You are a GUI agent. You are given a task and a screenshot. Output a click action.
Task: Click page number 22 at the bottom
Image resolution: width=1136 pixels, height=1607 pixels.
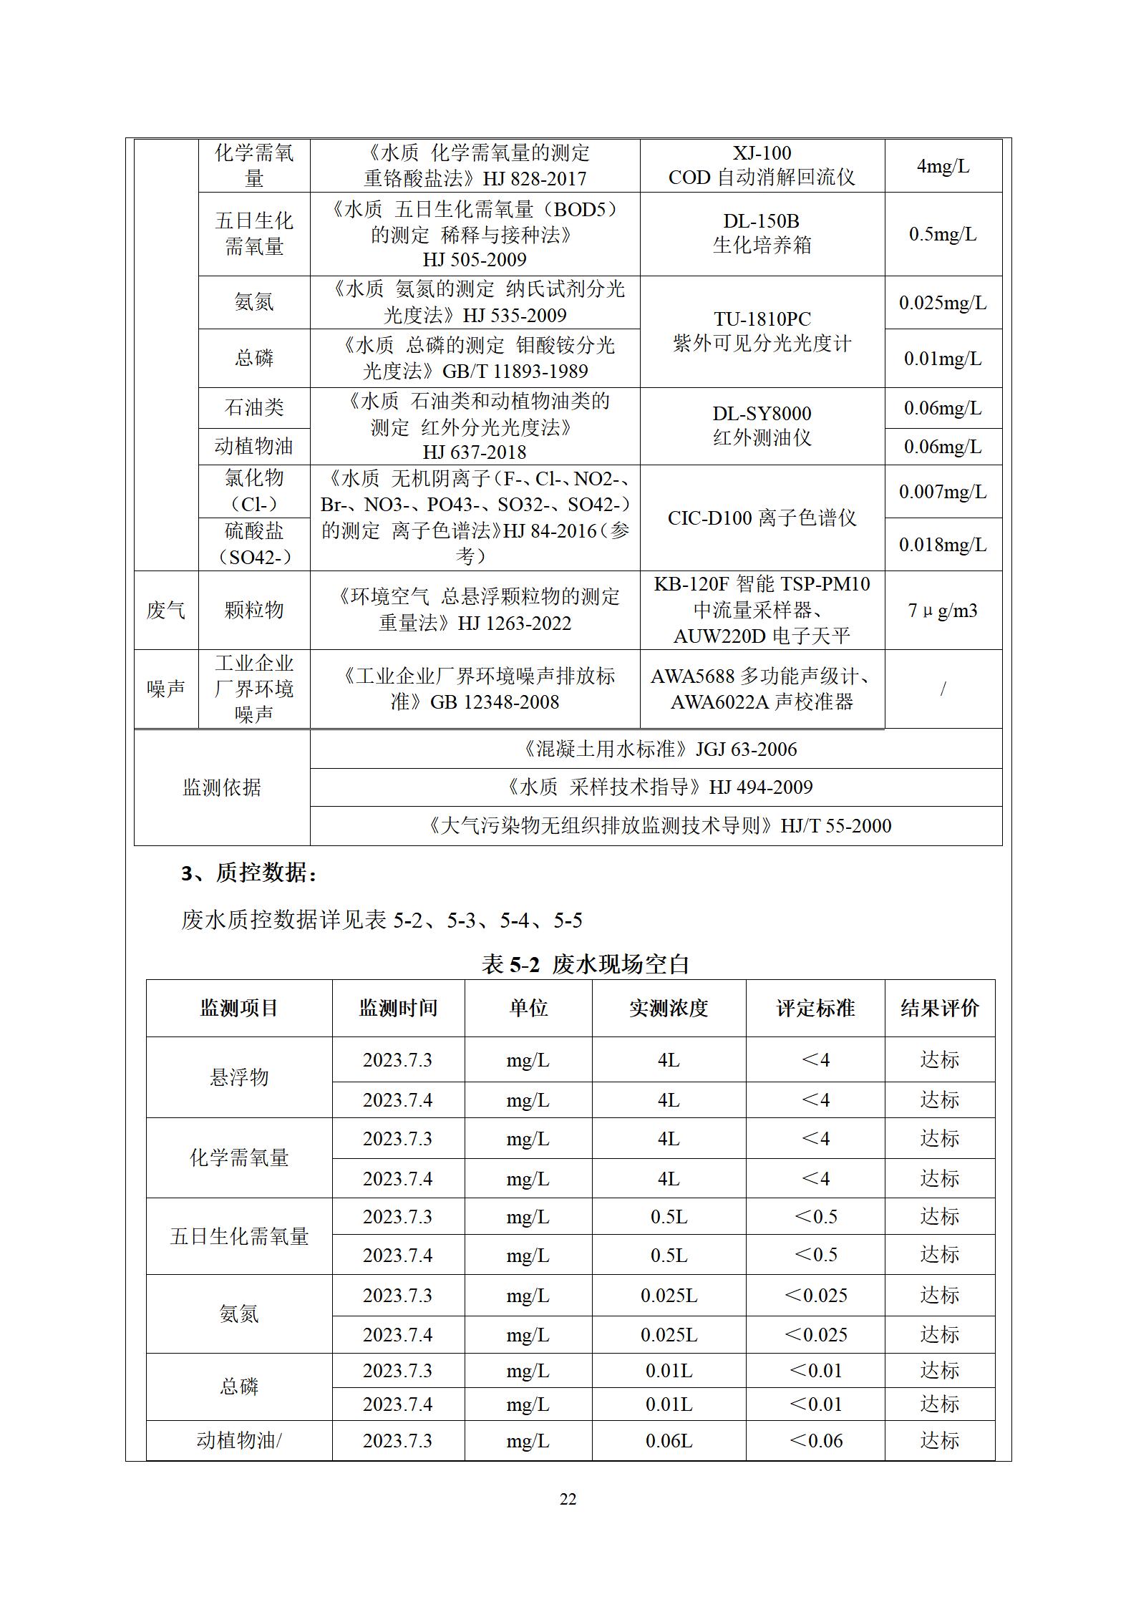point(568,1500)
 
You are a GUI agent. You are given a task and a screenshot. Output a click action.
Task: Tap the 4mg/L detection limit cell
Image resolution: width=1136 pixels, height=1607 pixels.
point(943,166)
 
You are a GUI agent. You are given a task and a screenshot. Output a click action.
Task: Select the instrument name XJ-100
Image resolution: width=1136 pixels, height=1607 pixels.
point(762,153)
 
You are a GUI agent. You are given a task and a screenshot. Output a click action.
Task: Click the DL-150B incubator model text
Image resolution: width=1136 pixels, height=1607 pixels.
point(761,221)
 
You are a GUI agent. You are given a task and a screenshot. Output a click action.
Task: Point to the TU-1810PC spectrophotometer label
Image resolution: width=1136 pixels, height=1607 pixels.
point(762,319)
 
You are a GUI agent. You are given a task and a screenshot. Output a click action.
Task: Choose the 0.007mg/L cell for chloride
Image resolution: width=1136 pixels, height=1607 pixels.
point(943,492)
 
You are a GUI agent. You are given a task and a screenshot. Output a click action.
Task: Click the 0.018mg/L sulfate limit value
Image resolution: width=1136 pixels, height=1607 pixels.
point(943,545)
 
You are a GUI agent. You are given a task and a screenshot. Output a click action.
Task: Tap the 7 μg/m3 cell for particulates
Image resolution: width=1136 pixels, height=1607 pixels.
point(943,611)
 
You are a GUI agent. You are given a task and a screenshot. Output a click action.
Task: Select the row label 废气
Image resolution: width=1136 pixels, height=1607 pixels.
point(166,611)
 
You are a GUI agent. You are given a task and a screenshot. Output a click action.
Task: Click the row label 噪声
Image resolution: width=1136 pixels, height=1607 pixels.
point(166,689)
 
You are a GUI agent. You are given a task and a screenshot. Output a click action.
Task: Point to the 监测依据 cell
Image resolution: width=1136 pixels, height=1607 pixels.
point(222,787)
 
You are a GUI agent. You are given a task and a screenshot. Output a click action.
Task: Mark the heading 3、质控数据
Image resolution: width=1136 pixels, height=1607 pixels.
point(250,873)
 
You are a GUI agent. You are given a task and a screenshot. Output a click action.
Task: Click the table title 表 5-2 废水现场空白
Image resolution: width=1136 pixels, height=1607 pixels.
point(585,964)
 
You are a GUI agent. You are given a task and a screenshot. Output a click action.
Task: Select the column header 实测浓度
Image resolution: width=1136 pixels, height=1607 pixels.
point(669,1008)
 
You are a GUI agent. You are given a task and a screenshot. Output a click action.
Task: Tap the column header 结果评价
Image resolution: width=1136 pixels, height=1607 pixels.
point(939,1008)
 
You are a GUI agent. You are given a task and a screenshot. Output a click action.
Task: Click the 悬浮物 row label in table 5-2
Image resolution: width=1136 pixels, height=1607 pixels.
point(239,1077)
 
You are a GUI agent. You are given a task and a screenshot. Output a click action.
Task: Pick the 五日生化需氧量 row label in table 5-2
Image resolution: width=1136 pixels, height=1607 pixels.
point(239,1236)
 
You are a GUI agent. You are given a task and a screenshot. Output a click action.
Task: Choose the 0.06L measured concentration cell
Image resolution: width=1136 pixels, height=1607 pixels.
point(669,1440)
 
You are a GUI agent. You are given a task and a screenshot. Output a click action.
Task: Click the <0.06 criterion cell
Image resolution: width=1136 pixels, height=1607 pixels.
point(815,1440)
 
